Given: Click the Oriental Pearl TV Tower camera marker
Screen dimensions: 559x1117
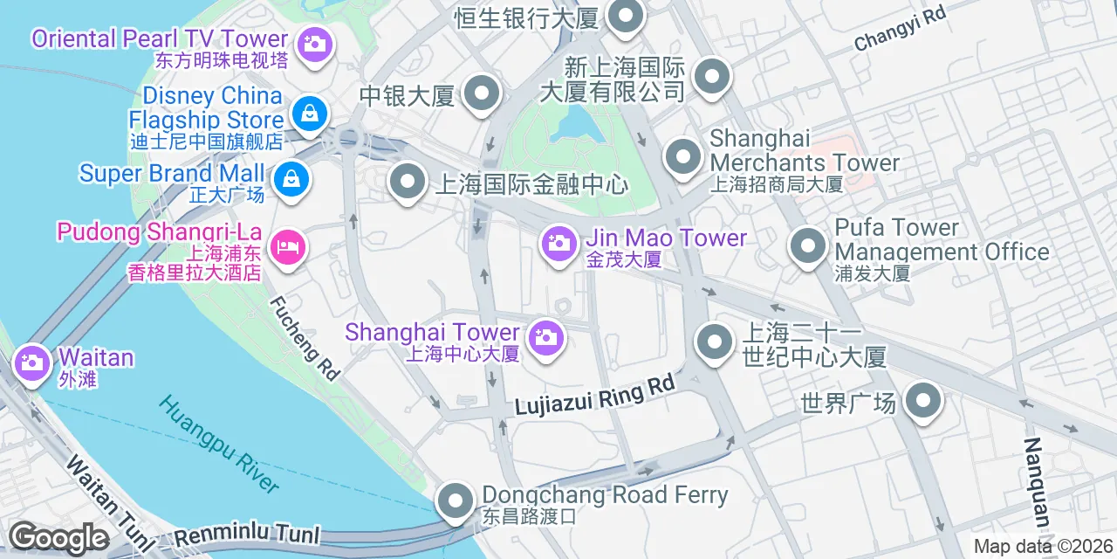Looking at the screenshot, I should click(x=314, y=43).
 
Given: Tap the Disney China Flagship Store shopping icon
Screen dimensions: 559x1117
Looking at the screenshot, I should click(x=308, y=113).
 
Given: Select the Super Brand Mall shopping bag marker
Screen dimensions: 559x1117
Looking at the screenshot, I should click(x=291, y=180).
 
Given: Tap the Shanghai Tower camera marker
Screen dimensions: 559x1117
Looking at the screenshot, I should click(x=546, y=337).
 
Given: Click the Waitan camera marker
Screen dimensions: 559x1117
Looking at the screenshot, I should click(x=33, y=362).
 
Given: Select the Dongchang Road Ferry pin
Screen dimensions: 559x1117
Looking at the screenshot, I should click(x=454, y=502).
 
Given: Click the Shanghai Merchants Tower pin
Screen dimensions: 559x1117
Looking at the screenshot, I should click(x=682, y=158).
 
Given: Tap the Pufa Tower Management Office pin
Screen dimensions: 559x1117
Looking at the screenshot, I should click(x=807, y=245).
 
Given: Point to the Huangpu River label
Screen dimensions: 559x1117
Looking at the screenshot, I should click(x=219, y=444).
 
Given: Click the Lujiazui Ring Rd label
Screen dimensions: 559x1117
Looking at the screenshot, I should click(x=594, y=396).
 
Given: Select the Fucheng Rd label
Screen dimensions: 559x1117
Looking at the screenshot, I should click(x=304, y=338).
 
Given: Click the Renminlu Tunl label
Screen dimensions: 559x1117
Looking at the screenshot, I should click(x=247, y=534).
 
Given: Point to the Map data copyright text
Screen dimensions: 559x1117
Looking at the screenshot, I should click(x=1044, y=547).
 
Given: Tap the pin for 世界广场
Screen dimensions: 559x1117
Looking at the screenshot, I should click(x=923, y=403).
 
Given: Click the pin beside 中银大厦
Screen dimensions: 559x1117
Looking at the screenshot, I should click(x=481, y=94).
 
